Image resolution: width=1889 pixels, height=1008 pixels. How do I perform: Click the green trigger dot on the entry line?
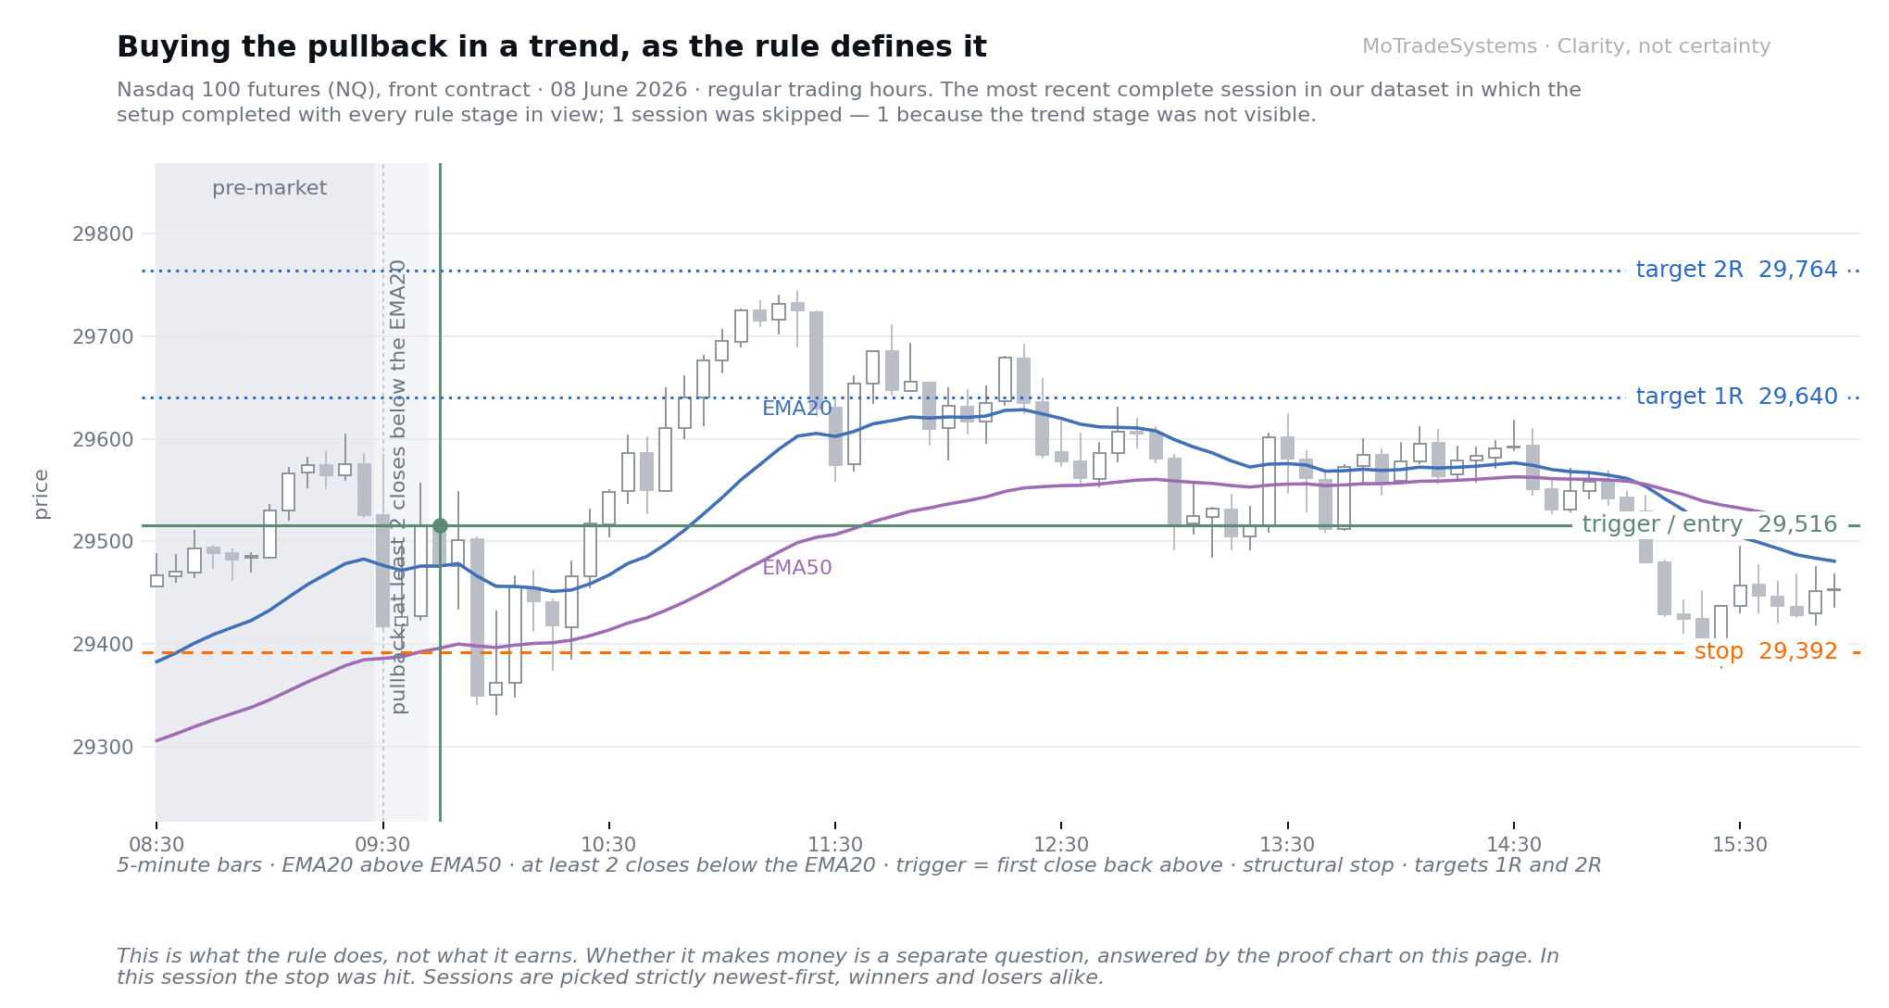440,526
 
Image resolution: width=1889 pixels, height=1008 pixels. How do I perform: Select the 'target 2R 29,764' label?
1736,271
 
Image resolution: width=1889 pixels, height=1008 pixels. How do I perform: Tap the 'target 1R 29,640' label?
1736,397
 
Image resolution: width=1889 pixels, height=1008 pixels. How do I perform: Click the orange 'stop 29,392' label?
1766,652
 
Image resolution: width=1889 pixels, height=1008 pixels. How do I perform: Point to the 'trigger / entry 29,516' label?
1709,525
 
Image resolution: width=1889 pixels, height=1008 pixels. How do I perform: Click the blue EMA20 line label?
797,409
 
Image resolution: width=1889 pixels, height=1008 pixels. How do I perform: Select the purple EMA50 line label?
797,568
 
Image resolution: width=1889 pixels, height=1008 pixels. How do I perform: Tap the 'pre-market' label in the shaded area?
269,189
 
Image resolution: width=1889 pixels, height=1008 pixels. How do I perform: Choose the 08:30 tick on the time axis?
156,845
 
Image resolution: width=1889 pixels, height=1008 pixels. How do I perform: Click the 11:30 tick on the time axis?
835,845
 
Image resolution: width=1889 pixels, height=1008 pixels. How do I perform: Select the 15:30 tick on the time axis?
1740,845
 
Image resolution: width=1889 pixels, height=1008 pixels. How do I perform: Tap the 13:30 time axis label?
1287,845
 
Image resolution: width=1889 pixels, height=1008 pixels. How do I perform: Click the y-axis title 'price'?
41,494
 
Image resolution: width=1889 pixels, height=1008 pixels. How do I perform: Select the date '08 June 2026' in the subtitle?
619,91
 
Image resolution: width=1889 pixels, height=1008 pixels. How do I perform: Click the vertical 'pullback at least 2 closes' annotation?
399,486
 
